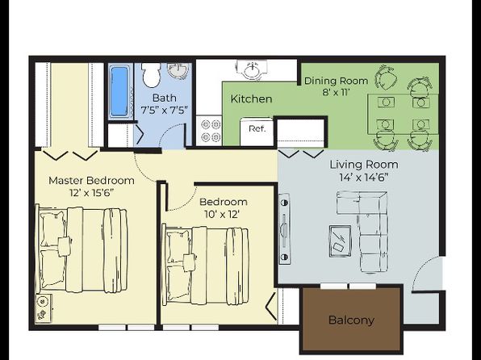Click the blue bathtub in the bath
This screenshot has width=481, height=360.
click(119, 91)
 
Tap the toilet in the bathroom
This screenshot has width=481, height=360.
click(152, 75)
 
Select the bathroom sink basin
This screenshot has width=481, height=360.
click(178, 71)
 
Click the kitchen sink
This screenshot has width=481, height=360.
click(252, 69)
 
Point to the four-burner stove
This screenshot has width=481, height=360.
click(209, 131)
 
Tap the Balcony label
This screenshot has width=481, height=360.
click(351, 320)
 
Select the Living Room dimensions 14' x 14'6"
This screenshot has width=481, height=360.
click(364, 178)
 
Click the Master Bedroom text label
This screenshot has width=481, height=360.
click(91, 180)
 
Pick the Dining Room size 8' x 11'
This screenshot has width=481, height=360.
click(337, 92)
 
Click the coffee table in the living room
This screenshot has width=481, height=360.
click(341, 241)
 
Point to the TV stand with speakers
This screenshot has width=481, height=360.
click(284, 229)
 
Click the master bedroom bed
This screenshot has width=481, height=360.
click(82, 249)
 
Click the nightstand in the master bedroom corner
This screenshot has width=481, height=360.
click(44, 308)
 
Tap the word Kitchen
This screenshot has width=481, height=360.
click(251, 98)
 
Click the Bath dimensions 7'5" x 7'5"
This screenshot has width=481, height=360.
click(164, 110)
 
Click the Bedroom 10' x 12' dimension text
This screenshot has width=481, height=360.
click(221, 214)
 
